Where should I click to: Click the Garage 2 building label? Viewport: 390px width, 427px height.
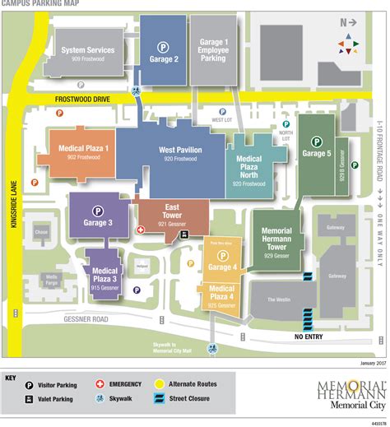click(x=165, y=59)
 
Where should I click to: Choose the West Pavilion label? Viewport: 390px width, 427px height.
click(x=179, y=154)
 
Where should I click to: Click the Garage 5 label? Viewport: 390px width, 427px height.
click(x=316, y=154)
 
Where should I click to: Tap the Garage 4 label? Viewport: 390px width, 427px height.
click(x=222, y=267)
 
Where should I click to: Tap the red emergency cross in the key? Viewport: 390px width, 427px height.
click(x=100, y=384)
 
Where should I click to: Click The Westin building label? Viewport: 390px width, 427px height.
click(x=276, y=299)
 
